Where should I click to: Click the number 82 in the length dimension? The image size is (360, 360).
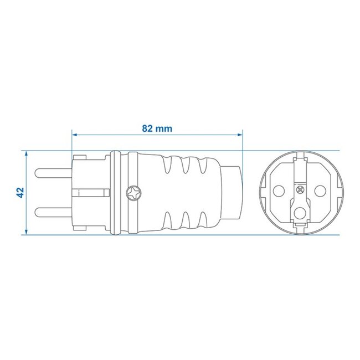tap(147, 128)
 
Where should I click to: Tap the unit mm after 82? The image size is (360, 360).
tap(164, 128)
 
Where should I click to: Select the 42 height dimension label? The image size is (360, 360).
tap(20, 192)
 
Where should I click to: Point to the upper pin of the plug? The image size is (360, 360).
tap(53, 171)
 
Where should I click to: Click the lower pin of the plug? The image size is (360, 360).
tap(53, 212)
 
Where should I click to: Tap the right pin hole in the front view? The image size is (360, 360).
tap(320, 190)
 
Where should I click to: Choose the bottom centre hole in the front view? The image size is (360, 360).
tap(300, 212)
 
